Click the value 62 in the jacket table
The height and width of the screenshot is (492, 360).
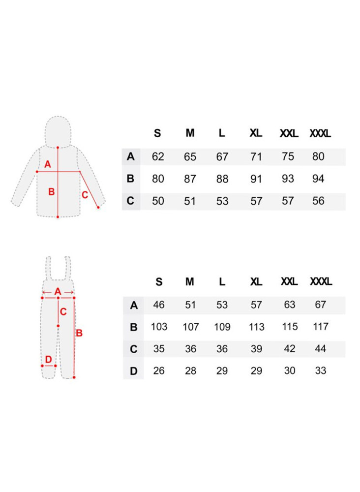click(x=158, y=156)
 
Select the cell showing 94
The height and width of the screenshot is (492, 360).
click(x=318, y=179)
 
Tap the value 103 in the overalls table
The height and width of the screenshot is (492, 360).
click(x=159, y=327)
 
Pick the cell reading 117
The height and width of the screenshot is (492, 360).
click(x=321, y=327)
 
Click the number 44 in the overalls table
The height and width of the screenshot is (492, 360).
click(x=321, y=349)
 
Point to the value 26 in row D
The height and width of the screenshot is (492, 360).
click(x=159, y=371)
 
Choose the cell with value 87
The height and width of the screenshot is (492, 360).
click(x=190, y=179)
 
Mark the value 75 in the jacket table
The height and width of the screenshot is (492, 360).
click(x=288, y=156)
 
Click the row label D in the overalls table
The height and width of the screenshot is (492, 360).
click(x=134, y=371)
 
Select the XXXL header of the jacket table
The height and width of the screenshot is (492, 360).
click(x=320, y=134)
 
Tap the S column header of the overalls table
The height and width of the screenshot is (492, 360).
click(x=159, y=282)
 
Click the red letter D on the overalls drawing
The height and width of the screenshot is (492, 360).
click(x=48, y=359)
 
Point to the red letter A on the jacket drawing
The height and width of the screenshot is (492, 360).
click(x=47, y=164)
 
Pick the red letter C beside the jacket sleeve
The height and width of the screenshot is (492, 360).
click(x=85, y=195)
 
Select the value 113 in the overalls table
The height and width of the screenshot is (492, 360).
click(x=257, y=327)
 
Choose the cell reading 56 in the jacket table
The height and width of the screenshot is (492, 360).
click(x=318, y=201)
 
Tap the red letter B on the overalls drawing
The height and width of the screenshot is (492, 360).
click(x=79, y=333)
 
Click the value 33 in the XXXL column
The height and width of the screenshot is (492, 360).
click(x=321, y=370)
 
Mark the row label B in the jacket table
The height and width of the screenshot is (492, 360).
click(x=130, y=179)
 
